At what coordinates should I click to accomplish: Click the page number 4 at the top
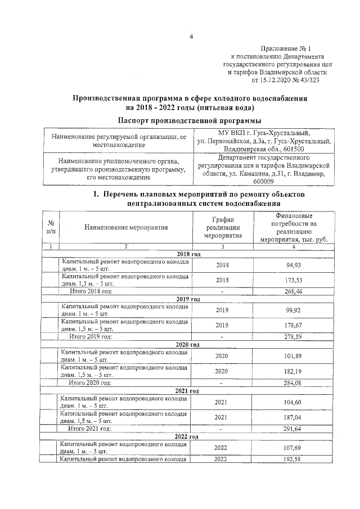pos(191,37)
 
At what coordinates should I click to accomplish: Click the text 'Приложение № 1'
pos(294,49)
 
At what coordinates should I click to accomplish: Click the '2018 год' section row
pos(188,254)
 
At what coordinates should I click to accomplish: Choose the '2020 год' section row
pos(188,344)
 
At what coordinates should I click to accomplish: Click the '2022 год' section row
pos(188,436)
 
